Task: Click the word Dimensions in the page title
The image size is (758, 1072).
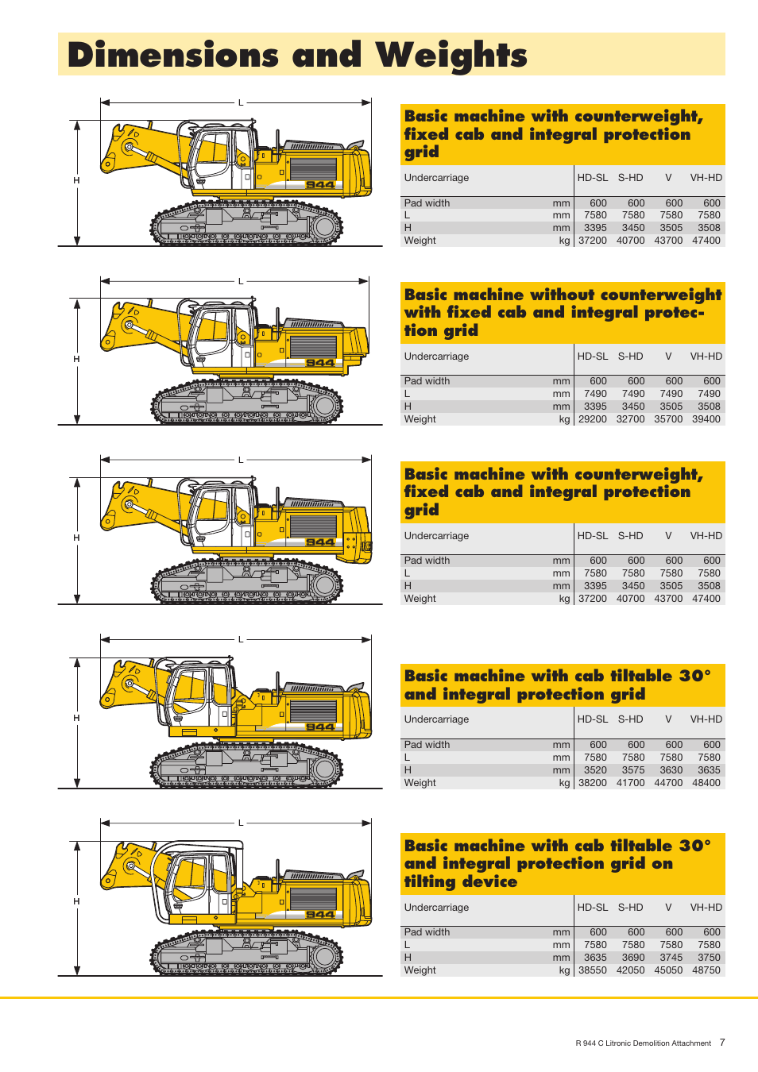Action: coord(173,55)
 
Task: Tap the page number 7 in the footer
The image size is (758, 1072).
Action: coord(722,1043)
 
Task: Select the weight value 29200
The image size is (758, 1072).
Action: coord(592,418)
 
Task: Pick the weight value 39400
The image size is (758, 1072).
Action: coord(706,418)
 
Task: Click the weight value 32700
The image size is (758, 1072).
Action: coord(630,418)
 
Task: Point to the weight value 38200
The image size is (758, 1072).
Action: coord(592,782)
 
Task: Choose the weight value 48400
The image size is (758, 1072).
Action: coord(706,782)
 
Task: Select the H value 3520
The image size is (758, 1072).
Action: coord(595,770)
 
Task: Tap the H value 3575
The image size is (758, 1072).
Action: coord(633,770)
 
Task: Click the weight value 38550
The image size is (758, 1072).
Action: coord(592,970)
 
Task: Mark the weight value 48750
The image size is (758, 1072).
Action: coord(706,970)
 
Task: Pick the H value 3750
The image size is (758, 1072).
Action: coord(710,958)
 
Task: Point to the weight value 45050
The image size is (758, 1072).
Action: coord(668,970)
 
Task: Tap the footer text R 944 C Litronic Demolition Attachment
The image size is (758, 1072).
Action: coord(643,1043)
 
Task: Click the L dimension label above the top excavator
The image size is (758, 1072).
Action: coord(241,103)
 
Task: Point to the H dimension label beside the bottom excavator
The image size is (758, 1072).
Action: coord(76,901)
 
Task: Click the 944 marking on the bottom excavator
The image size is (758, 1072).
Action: coord(320,915)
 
